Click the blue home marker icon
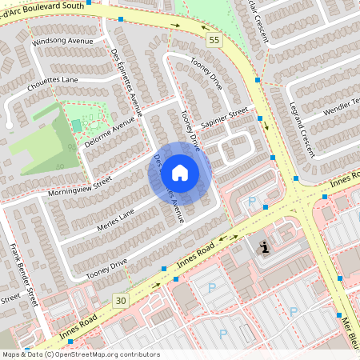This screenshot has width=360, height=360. pos(180,173)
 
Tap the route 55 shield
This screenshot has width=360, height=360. pos(212,39)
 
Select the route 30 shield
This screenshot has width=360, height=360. pos(121,300)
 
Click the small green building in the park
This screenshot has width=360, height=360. pos(77,125)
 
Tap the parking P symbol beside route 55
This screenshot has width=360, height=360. pos(253,202)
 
